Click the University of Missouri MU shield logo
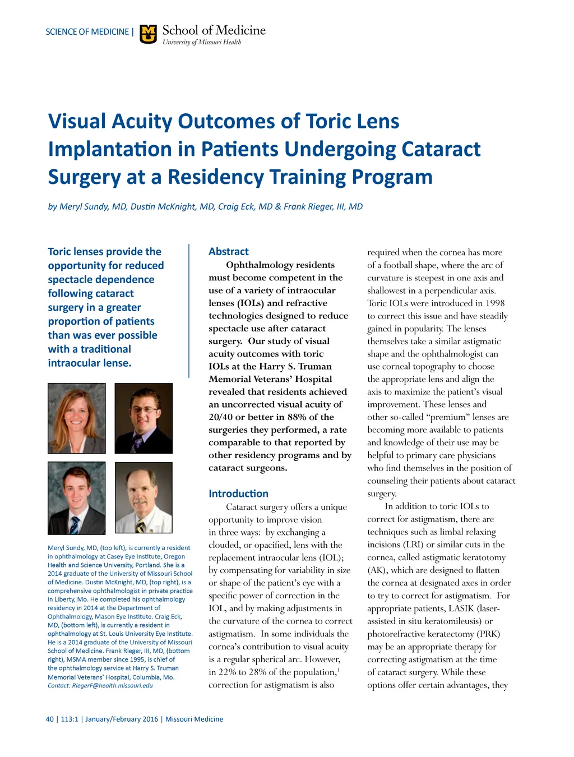tap(148, 34)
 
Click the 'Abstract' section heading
tap(228, 252)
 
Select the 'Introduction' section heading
tap(238, 493)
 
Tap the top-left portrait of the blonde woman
tap(77, 418)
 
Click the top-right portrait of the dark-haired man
tap(143, 418)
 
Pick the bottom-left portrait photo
tap(77, 498)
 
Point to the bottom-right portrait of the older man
tap(143, 498)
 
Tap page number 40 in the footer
tap(50, 719)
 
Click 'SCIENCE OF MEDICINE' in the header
tap(87, 32)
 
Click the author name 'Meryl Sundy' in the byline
tap(84, 206)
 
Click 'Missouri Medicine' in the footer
tap(194, 719)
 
